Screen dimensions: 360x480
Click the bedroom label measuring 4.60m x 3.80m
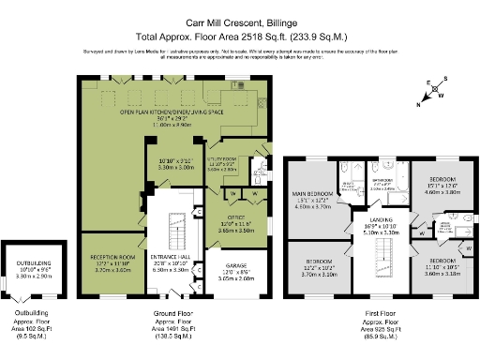tap(442, 182)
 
